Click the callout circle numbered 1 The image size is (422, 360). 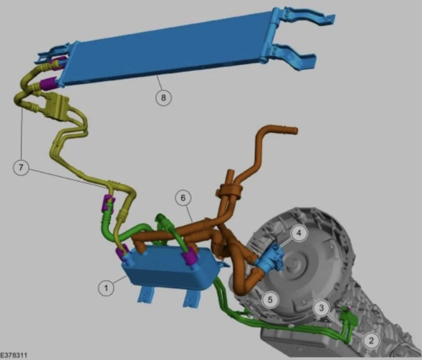(x=106, y=288)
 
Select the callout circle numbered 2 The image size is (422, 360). (x=371, y=340)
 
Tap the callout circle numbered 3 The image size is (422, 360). (x=321, y=308)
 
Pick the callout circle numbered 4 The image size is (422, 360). (x=299, y=233)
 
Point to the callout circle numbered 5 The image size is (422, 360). (x=270, y=299)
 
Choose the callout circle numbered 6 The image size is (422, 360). (x=183, y=198)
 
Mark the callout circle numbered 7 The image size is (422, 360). (x=21, y=167)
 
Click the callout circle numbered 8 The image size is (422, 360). (x=163, y=97)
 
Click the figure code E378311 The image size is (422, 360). (x=14, y=355)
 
